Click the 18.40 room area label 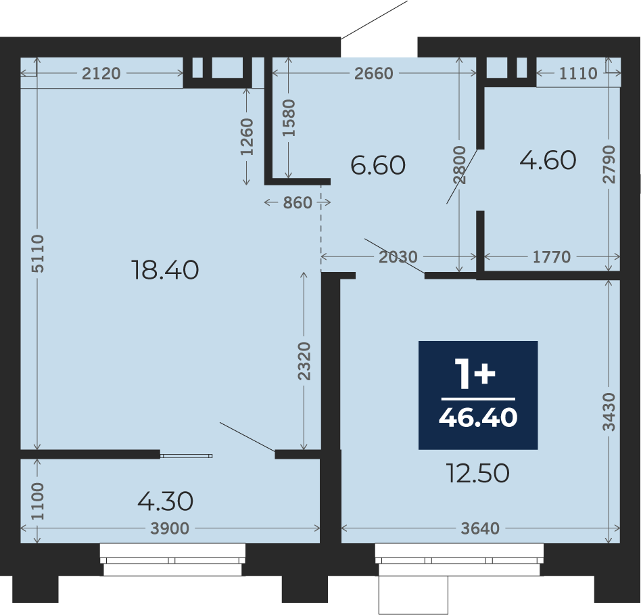pyautogui.click(x=165, y=270)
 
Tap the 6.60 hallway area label pyautogui.click(x=378, y=165)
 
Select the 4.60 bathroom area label pyautogui.click(x=548, y=160)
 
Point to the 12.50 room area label pyautogui.click(x=478, y=473)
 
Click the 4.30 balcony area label pyautogui.click(x=165, y=501)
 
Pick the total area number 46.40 pyautogui.click(x=478, y=417)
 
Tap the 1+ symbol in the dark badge pyautogui.click(x=476, y=373)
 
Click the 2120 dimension pyautogui.click(x=101, y=74)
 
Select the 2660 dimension pyautogui.click(x=374, y=74)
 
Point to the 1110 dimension pyautogui.click(x=578, y=74)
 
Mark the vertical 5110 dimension pyautogui.click(x=38, y=254)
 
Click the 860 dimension pyautogui.click(x=298, y=202)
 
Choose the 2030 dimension pyautogui.click(x=398, y=257)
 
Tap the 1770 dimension pyautogui.click(x=552, y=257)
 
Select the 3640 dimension pyautogui.click(x=480, y=528)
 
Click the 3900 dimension pyautogui.click(x=170, y=528)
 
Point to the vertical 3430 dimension pyautogui.click(x=609, y=412)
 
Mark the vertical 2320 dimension pyautogui.click(x=304, y=361)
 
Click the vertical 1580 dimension pyautogui.click(x=289, y=118)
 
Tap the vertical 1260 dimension pyautogui.click(x=247, y=137)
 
